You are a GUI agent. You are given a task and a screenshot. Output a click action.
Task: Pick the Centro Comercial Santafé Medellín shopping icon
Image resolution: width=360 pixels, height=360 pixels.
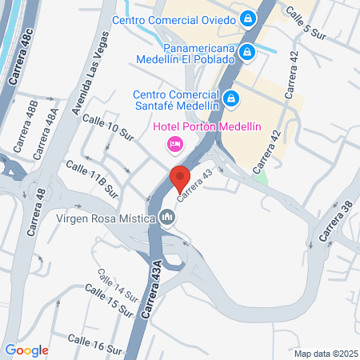tap(231, 98)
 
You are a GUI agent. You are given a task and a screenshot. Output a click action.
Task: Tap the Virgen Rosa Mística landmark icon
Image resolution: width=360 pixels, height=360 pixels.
tap(167, 217)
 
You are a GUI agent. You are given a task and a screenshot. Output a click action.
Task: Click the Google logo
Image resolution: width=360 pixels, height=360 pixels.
tap(26, 350)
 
